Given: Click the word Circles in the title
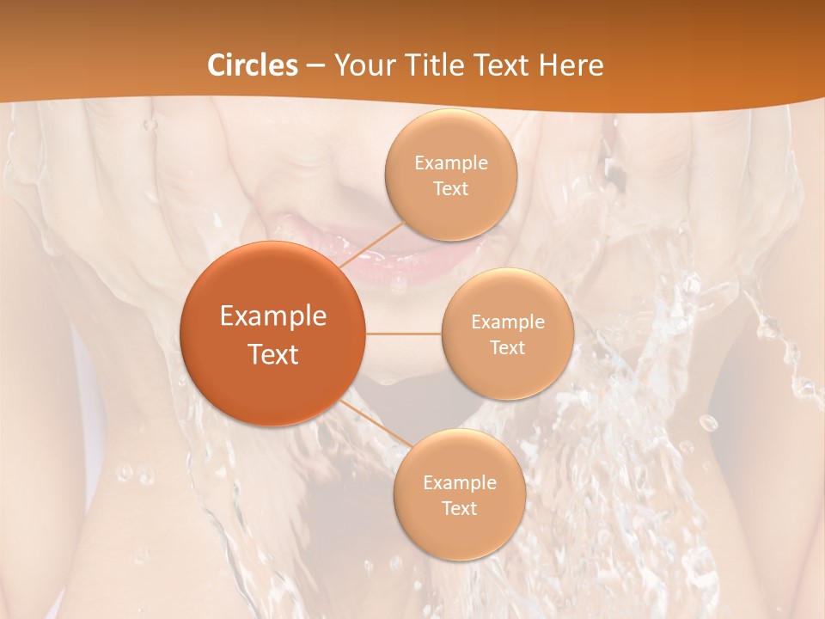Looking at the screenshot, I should pos(253,65).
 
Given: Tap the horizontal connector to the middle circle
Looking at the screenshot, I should pos(404,334).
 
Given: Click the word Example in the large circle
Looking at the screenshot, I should pos(273,316).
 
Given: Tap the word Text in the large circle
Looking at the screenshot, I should pos(273,354).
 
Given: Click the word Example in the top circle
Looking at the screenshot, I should pos(451,163).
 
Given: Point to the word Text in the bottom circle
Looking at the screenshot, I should pos(459,508).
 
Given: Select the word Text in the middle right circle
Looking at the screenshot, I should pos(507,347).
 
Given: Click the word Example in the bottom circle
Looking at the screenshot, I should pos(459,482).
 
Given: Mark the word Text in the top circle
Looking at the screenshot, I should pos(450,189).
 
